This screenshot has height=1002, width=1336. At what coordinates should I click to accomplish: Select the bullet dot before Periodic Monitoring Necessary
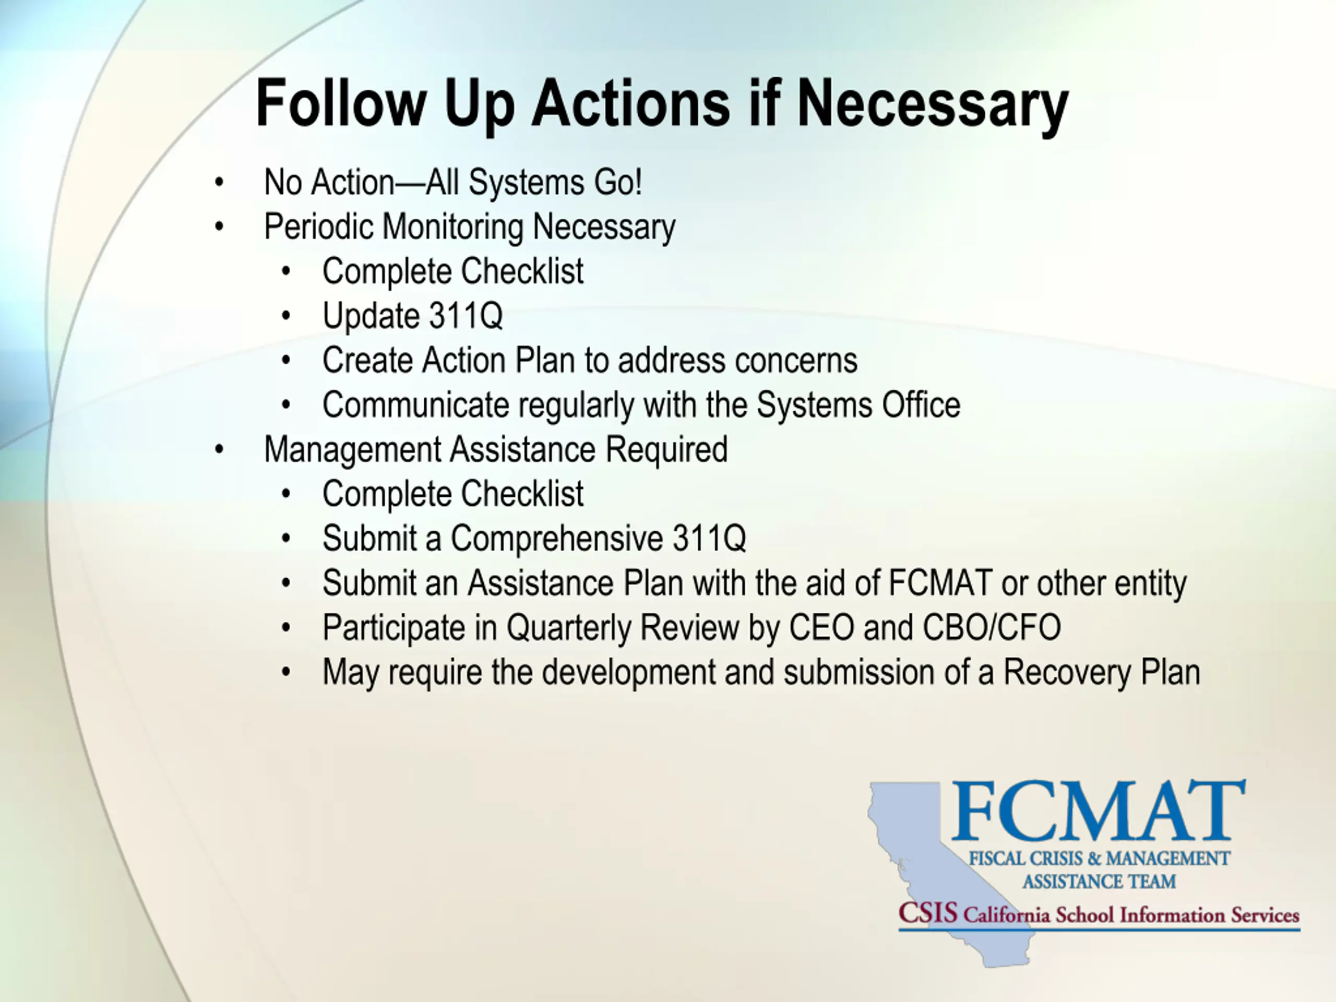(219, 226)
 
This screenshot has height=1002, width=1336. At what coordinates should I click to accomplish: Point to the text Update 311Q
(412, 315)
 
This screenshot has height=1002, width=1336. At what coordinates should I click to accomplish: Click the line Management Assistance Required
(496, 450)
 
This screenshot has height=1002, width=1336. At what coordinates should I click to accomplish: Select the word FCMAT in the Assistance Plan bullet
(940, 583)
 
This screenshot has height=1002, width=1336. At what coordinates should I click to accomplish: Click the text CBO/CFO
(992, 627)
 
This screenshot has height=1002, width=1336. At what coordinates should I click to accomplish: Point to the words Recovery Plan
(1102, 672)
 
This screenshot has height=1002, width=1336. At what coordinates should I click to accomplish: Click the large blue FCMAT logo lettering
(1099, 810)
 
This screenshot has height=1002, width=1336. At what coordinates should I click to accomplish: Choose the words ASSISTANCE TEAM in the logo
(1099, 881)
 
